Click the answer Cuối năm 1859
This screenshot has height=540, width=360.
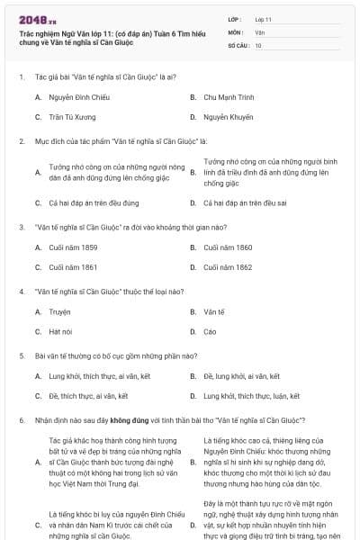(67, 247)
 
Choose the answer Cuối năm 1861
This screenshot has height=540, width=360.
(67, 267)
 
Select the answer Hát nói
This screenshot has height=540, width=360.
(60, 332)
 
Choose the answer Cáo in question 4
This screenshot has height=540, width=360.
(210, 332)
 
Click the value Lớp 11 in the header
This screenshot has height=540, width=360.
(263, 19)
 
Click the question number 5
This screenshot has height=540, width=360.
(21, 355)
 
